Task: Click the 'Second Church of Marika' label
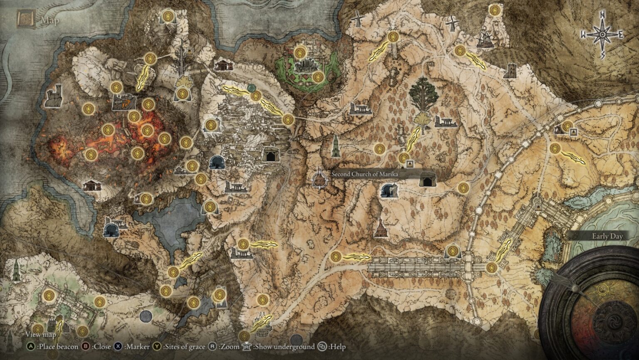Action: point(364,174)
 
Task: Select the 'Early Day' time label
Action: point(607,237)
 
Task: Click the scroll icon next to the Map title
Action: point(25,19)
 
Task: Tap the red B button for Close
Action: point(86,346)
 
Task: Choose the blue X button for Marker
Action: point(118,346)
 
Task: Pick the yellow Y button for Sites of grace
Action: point(157,346)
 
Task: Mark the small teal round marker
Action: point(251,88)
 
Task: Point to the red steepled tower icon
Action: point(380,228)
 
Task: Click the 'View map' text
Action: point(40,335)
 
